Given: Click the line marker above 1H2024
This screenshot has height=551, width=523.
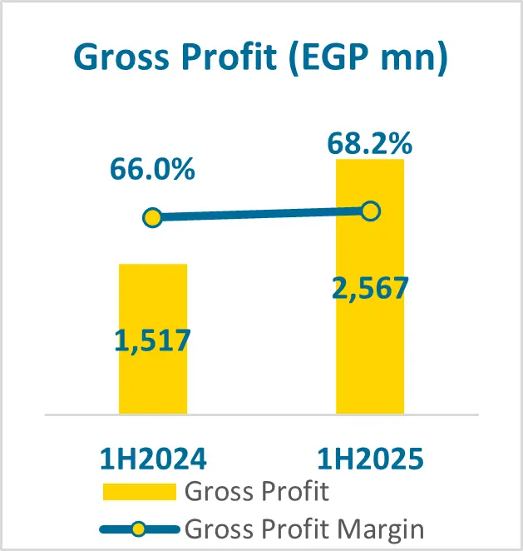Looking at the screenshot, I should click(x=151, y=218).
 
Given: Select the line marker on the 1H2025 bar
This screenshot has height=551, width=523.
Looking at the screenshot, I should click(x=371, y=211).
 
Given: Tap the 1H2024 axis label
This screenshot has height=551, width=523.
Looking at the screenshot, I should click(x=153, y=459).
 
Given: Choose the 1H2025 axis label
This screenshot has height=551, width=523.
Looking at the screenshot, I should click(x=370, y=459).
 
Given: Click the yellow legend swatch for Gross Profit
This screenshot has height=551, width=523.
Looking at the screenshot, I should click(x=140, y=492).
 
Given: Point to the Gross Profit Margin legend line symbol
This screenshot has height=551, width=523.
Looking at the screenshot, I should click(x=140, y=528).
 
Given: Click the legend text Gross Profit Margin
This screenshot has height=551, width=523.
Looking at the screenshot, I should click(x=304, y=528).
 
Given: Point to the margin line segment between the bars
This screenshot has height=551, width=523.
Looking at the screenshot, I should click(x=261, y=215).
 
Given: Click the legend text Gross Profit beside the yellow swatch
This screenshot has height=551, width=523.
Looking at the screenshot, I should click(x=257, y=491).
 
